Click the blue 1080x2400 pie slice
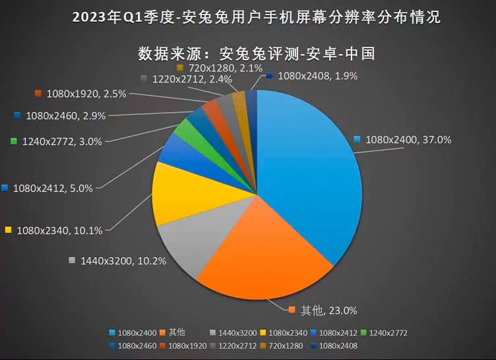310,171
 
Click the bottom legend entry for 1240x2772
384,333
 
